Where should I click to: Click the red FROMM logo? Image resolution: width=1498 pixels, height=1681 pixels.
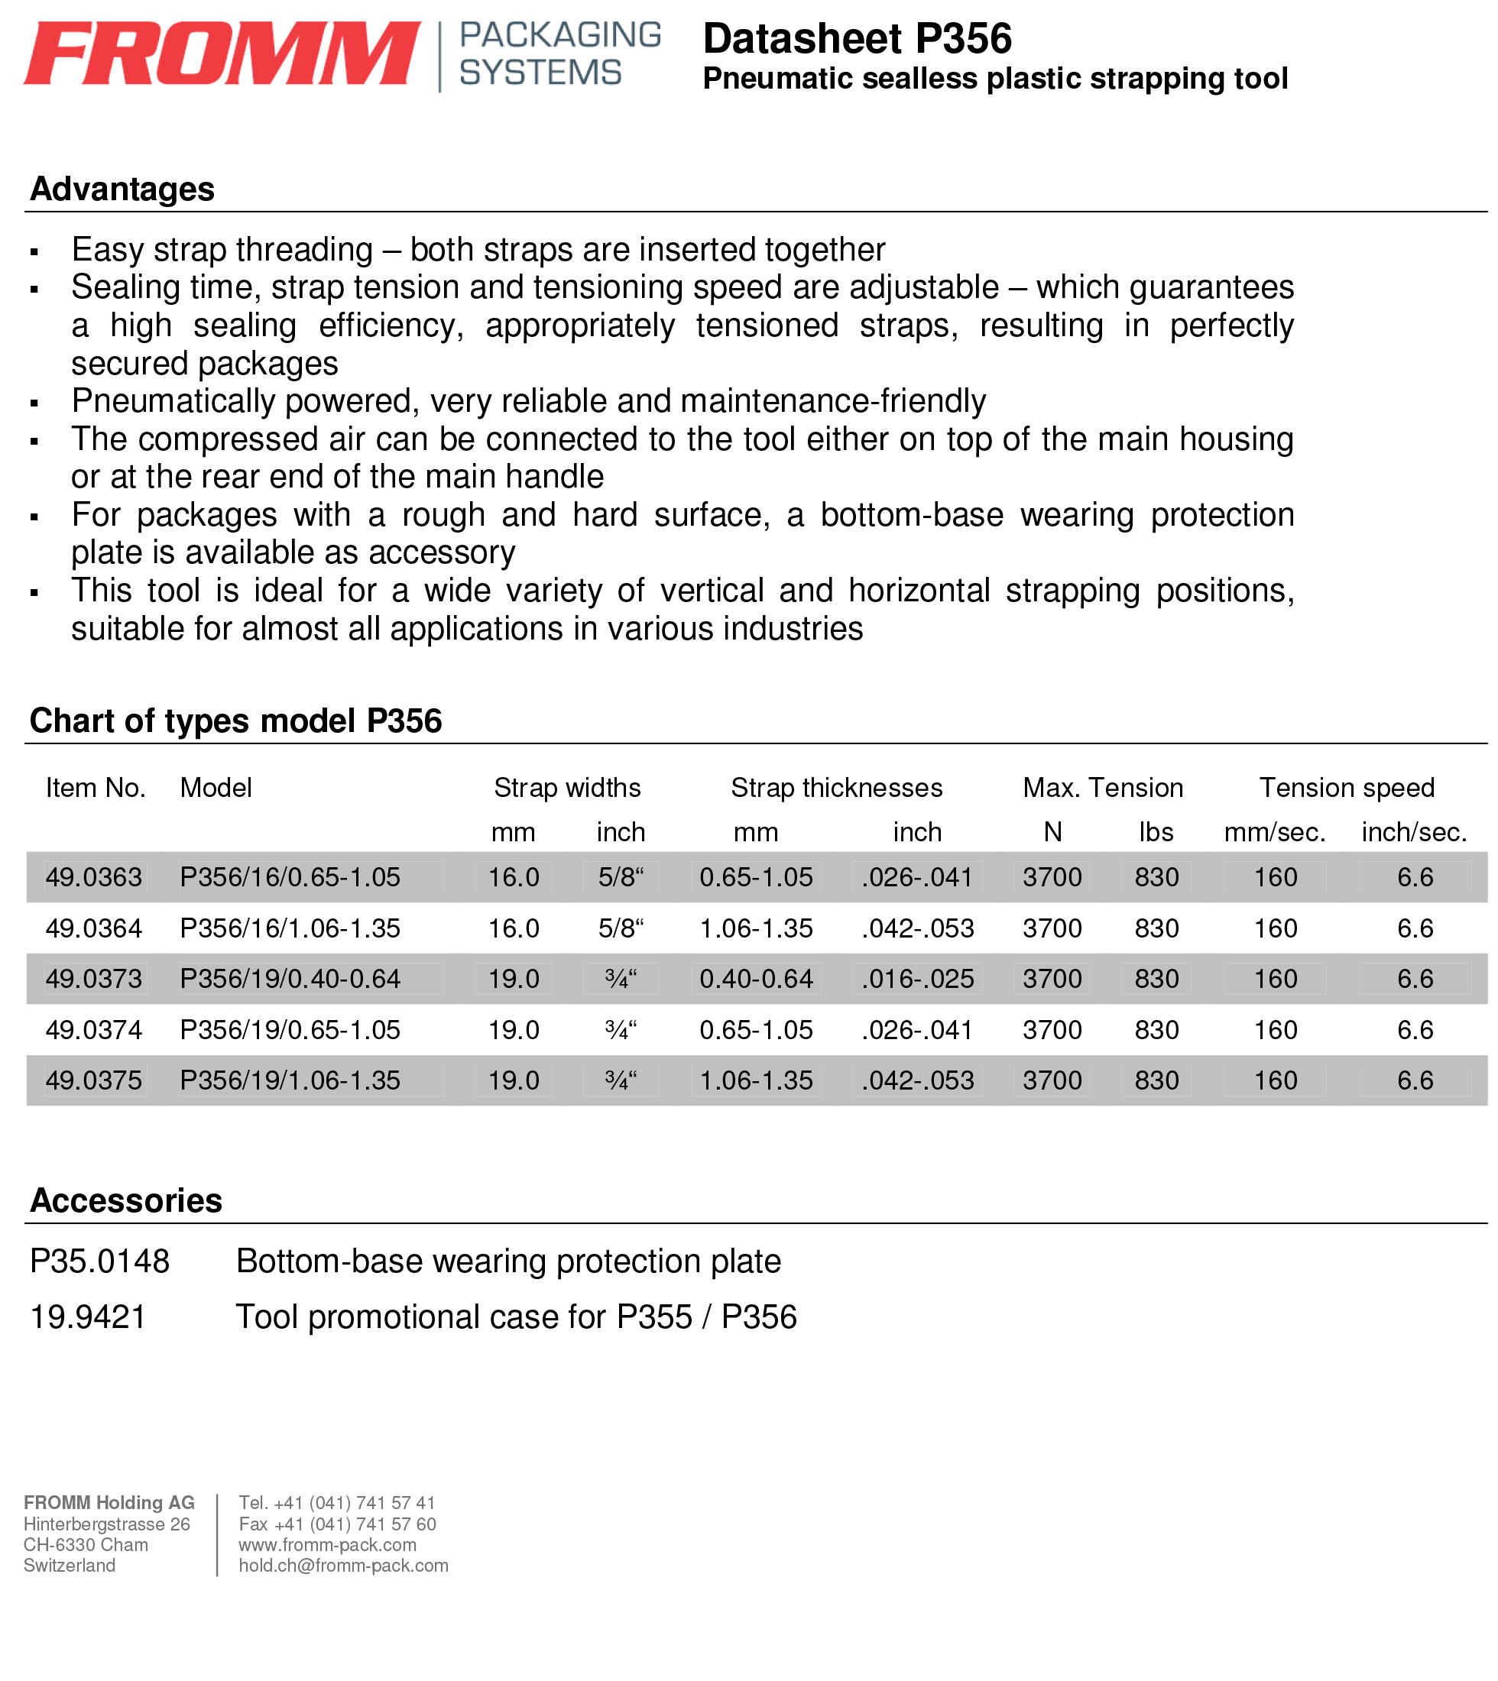pyautogui.click(x=222, y=53)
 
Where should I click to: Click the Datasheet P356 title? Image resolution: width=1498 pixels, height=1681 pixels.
pyautogui.click(x=857, y=39)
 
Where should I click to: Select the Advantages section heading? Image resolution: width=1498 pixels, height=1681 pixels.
pyautogui.click(x=122, y=189)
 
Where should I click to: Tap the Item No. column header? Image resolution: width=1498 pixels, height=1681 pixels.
pyautogui.click(x=96, y=788)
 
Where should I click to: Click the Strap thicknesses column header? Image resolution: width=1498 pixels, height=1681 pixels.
pyautogui.click(x=836, y=788)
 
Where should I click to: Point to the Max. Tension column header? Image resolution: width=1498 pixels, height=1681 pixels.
pyautogui.click(x=1102, y=788)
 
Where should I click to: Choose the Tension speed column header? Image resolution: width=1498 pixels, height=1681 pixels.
pyautogui.click(x=1347, y=788)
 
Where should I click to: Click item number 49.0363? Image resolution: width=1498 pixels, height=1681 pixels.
pyautogui.click(x=94, y=877)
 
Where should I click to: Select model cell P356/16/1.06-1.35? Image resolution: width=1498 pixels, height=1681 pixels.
pyautogui.click(x=290, y=928)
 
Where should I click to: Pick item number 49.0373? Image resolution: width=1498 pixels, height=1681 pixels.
pyautogui.click(x=94, y=979)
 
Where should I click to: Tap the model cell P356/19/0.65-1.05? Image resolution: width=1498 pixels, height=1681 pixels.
pyautogui.click(x=290, y=1030)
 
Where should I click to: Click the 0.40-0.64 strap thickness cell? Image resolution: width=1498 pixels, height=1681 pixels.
pyautogui.click(x=756, y=979)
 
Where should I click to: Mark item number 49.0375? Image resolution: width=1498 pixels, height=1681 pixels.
pyautogui.click(x=94, y=1080)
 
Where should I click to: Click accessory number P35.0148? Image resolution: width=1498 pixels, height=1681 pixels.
pyautogui.click(x=99, y=1262)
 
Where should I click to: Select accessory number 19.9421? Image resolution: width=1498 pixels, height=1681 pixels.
pyautogui.click(x=88, y=1317)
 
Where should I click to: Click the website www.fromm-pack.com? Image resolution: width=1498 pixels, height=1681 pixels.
pyautogui.click(x=328, y=1545)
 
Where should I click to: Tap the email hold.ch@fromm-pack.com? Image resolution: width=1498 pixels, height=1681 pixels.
pyautogui.click(x=343, y=1566)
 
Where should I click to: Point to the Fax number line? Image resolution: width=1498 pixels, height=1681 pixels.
pyautogui.click(x=338, y=1524)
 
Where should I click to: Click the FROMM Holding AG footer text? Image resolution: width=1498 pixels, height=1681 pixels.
pyautogui.click(x=109, y=1503)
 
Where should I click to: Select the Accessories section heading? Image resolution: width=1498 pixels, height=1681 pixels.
pyautogui.click(x=126, y=1201)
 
